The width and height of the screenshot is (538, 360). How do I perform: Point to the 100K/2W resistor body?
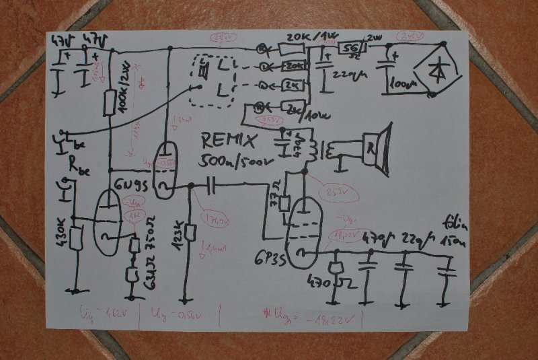(110, 103)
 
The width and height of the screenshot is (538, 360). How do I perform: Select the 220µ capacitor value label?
(344, 75)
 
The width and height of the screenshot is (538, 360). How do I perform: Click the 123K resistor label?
(179, 233)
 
